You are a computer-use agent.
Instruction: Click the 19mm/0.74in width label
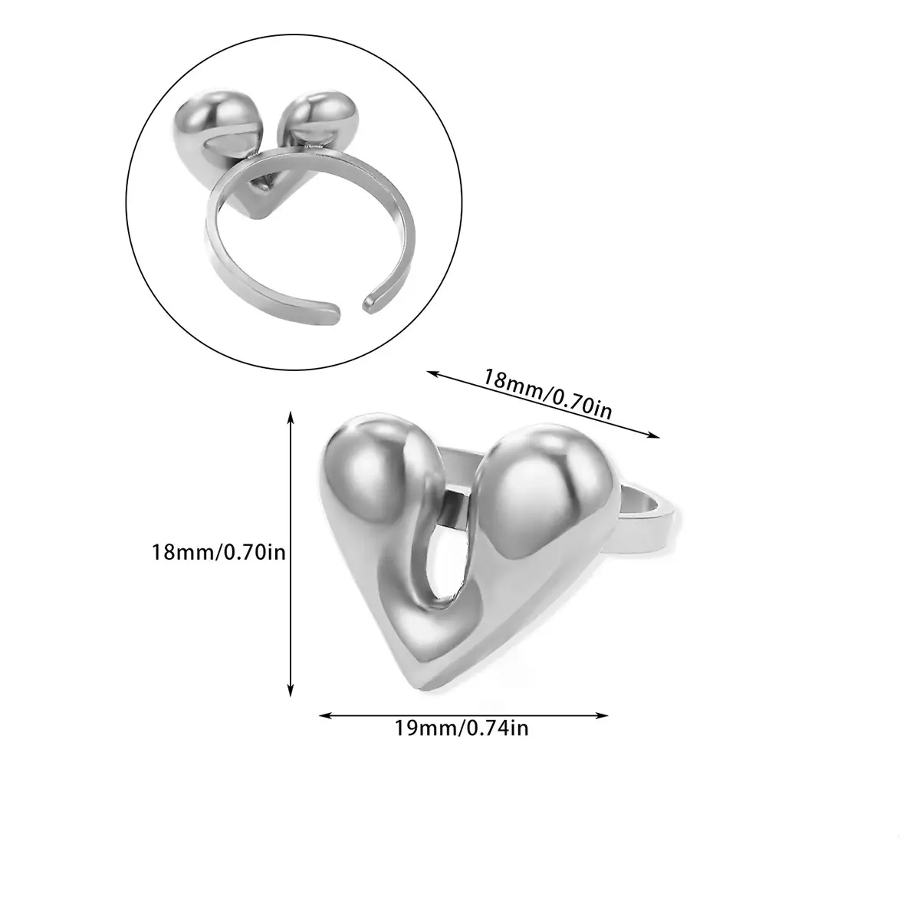tap(462, 728)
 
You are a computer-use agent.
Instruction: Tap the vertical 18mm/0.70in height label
tap(219, 552)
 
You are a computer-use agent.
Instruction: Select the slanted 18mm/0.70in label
tap(547, 393)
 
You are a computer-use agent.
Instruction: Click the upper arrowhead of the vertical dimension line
tap(291, 417)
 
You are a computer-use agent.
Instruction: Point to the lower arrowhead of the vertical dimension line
tap(291, 691)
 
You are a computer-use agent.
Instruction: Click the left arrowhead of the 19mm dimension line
tap(325, 715)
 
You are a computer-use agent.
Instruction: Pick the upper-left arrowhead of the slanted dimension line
tap(432, 374)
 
